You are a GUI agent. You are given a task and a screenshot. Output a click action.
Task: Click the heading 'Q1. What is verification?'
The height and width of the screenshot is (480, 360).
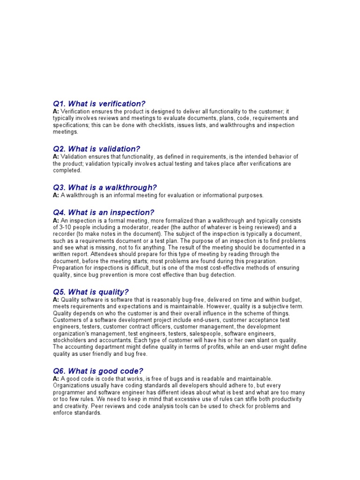tap(99, 103)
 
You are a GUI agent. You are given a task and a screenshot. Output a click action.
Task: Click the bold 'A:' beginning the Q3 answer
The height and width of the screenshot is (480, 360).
tap(56, 195)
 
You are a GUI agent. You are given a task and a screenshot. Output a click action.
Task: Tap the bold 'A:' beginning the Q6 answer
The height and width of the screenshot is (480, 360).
tap(56, 379)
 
